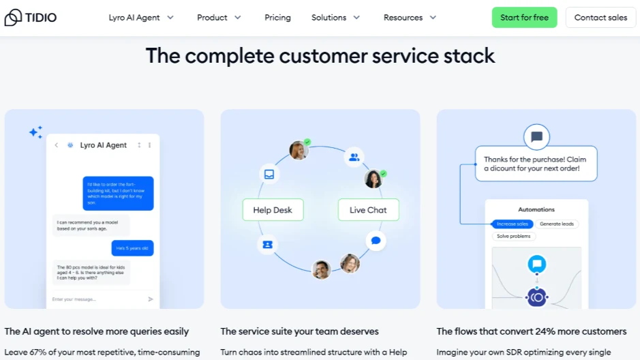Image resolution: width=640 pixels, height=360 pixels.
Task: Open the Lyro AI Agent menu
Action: pyautogui.click(x=141, y=18)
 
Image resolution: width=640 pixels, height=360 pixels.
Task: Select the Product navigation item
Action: pyautogui.click(x=219, y=18)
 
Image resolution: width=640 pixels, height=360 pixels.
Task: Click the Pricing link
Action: pyautogui.click(x=277, y=18)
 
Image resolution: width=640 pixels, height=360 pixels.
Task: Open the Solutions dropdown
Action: pyautogui.click(x=335, y=18)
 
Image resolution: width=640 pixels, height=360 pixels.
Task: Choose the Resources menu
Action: pyautogui.click(x=410, y=18)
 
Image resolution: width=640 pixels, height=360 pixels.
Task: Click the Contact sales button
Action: pyautogui.click(x=600, y=18)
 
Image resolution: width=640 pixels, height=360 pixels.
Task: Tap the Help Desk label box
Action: pyautogui.click(x=273, y=210)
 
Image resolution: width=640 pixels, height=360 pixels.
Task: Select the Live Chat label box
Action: pyautogui.click(x=368, y=210)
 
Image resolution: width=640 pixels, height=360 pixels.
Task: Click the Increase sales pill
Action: pyautogui.click(x=513, y=224)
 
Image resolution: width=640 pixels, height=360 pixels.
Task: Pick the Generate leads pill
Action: pyautogui.click(x=557, y=224)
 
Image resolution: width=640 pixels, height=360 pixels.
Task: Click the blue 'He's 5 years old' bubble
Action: pyautogui.click(x=132, y=248)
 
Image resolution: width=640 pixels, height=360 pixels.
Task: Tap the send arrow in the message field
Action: pyautogui.click(x=151, y=299)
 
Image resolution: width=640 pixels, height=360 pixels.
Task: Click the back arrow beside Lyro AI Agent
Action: pyautogui.click(x=56, y=145)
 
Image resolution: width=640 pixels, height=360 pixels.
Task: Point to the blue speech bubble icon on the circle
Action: pyautogui.click(x=375, y=241)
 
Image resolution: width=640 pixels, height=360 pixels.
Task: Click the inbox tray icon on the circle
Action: pyautogui.click(x=269, y=174)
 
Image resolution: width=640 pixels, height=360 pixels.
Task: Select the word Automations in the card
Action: pyautogui.click(x=536, y=209)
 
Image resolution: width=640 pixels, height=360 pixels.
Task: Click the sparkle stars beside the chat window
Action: pyautogui.click(x=35, y=132)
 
